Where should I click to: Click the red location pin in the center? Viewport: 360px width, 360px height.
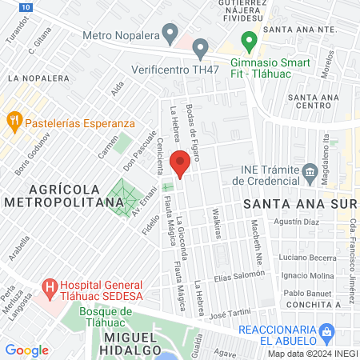coord(181,163)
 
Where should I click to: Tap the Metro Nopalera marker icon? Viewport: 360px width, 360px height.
coord(169,33)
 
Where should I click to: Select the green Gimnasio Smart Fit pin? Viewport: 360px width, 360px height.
coord(249,38)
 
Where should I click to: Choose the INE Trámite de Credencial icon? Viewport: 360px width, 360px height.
coord(310,171)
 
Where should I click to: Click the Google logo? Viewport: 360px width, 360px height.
coord(26,350)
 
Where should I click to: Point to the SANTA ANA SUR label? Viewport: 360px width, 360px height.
coord(299,205)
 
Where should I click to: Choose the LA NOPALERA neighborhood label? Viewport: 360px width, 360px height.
coord(38,78)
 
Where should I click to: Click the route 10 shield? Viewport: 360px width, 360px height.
coord(27,6)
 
